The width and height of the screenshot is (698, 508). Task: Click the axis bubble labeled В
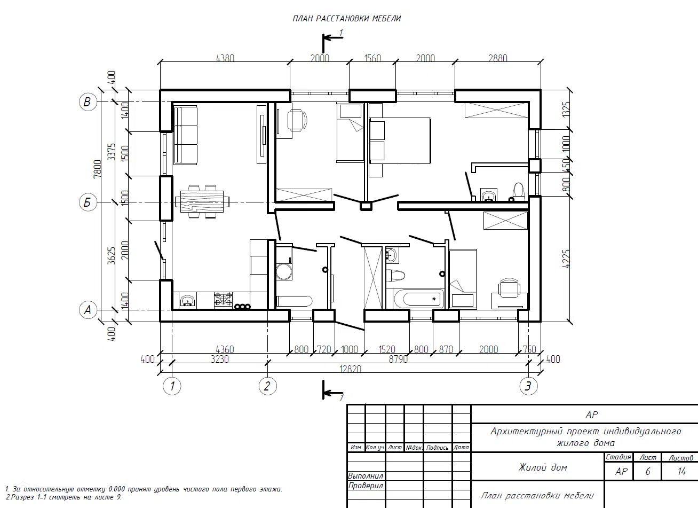(x=88, y=102)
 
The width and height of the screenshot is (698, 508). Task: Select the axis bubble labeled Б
(x=88, y=202)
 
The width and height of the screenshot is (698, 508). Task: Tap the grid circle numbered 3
(x=528, y=386)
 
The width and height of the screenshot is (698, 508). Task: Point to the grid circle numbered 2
(x=268, y=386)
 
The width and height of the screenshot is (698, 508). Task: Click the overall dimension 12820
(x=350, y=369)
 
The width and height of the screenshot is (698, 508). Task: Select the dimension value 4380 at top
(x=225, y=58)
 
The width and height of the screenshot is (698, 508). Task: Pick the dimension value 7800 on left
(x=98, y=169)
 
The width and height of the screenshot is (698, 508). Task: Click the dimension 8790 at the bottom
(x=398, y=359)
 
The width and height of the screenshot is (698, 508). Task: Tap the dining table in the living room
(x=202, y=202)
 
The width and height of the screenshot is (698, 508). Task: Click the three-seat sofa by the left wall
(x=185, y=135)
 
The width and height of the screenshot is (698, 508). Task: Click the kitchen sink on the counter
(x=187, y=301)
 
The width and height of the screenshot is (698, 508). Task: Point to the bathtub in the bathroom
(x=418, y=299)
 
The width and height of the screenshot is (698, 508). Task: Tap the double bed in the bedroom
(x=400, y=140)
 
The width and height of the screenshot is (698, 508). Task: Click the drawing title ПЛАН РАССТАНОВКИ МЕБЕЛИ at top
(x=346, y=19)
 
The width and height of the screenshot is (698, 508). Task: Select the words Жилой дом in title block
(x=543, y=467)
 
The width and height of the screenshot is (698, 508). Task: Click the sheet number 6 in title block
(x=647, y=471)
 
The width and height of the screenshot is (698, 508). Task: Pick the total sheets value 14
(x=681, y=471)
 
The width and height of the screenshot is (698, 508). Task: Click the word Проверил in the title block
(x=366, y=486)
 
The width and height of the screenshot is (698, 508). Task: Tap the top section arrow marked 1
(x=333, y=38)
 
